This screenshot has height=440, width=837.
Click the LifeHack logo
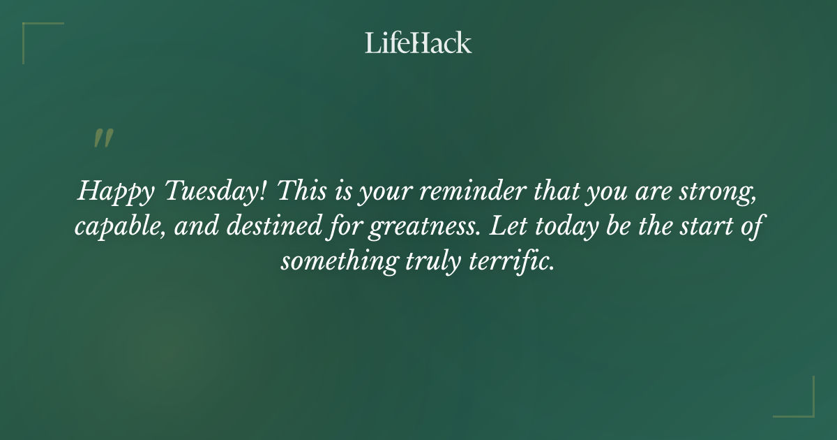click(x=418, y=43)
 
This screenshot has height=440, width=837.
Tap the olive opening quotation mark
click(x=103, y=138)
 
